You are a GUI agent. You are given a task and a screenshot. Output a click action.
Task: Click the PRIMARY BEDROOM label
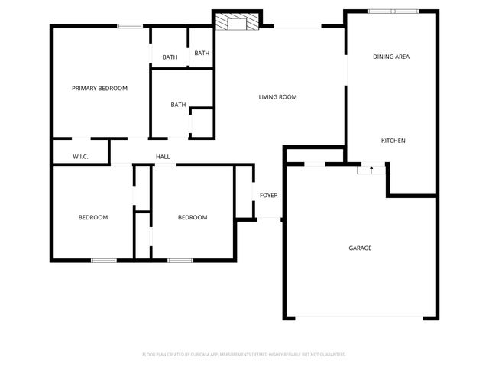(x=99, y=88)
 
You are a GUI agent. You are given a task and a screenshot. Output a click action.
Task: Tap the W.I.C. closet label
(x=81, y=157)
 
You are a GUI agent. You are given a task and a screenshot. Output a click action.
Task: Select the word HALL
(x=163, y=157)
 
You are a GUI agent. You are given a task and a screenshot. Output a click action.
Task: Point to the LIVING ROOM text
(x=277, y=97)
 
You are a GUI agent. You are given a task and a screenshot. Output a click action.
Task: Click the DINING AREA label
(x=392, y=57)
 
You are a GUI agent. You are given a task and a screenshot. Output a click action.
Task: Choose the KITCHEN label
(x=393, y=141)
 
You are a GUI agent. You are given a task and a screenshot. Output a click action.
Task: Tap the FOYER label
(x=268, y=196)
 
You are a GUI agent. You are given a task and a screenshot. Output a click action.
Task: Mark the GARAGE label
(x=360, y=248)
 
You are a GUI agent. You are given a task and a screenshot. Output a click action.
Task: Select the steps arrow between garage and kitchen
(x=371, y=169)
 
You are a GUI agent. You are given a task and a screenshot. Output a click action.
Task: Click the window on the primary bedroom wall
(x=130, y=26)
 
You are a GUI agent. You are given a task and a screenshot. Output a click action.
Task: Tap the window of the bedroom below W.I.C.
(x=104, y=261)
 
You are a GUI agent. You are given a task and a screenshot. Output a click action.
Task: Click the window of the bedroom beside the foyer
(x=180, y=261)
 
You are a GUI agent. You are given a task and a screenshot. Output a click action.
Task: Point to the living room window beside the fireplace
(x=298, y=27)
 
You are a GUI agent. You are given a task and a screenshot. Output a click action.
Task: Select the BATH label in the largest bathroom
(x=178, y=105)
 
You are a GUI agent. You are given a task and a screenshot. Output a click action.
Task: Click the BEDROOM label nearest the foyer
(x=193, y=217)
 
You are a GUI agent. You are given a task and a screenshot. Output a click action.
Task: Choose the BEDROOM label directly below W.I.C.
(x=93, y=217)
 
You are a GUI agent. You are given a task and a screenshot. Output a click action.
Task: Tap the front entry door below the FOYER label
(x=268, y=220)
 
